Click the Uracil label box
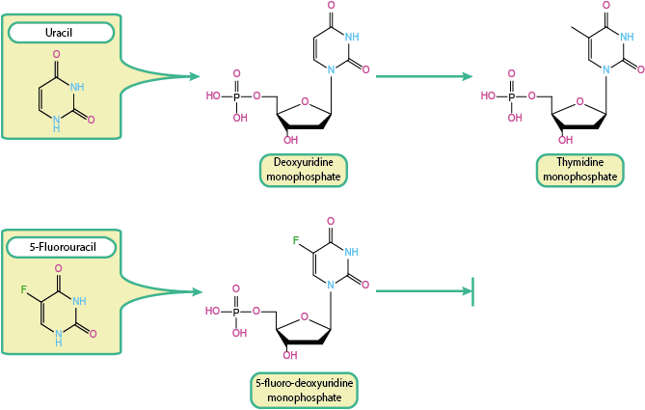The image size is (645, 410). [60, 33]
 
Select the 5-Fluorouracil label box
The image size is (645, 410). [60, 247]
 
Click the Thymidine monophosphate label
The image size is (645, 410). [579, 170]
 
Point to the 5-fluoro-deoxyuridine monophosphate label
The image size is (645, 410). [304, 390]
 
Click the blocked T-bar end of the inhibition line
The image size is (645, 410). [472, 289]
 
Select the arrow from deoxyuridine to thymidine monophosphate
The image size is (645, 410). [424, 75]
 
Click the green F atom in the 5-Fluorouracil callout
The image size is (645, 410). [22, 288]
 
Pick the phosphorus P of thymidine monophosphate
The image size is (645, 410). [511, 96]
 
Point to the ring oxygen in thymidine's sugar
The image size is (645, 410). [580, 100]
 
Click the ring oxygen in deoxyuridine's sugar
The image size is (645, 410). [305, 100]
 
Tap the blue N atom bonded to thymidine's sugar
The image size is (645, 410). [606, 69]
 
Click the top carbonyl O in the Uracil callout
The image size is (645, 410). [57, 54]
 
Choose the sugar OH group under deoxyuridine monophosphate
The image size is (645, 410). [289, 141]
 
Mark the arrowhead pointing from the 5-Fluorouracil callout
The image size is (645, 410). [195, 290]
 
